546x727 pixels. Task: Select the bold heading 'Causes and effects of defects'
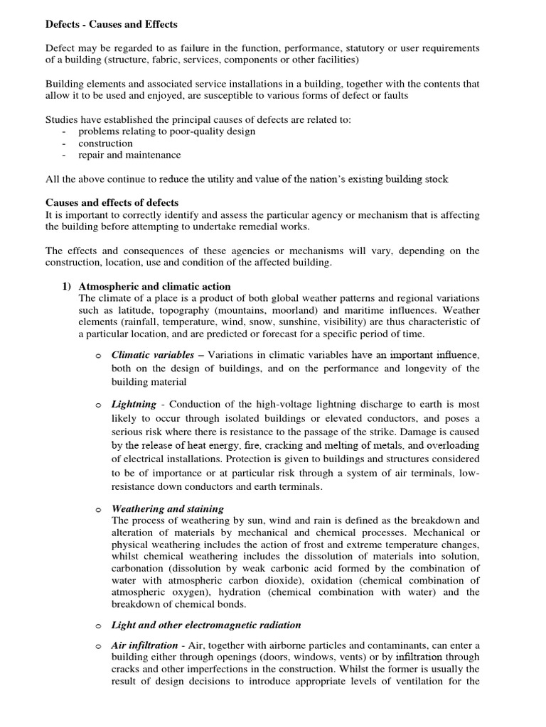pos(112,203)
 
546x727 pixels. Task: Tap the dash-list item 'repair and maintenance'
pos(129,155)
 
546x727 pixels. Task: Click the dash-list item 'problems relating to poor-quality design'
pos(167,131)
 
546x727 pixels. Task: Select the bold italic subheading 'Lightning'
pos(134,404)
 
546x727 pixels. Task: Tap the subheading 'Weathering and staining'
pos(168,509)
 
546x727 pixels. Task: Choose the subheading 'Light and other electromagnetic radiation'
pos(206,625)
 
